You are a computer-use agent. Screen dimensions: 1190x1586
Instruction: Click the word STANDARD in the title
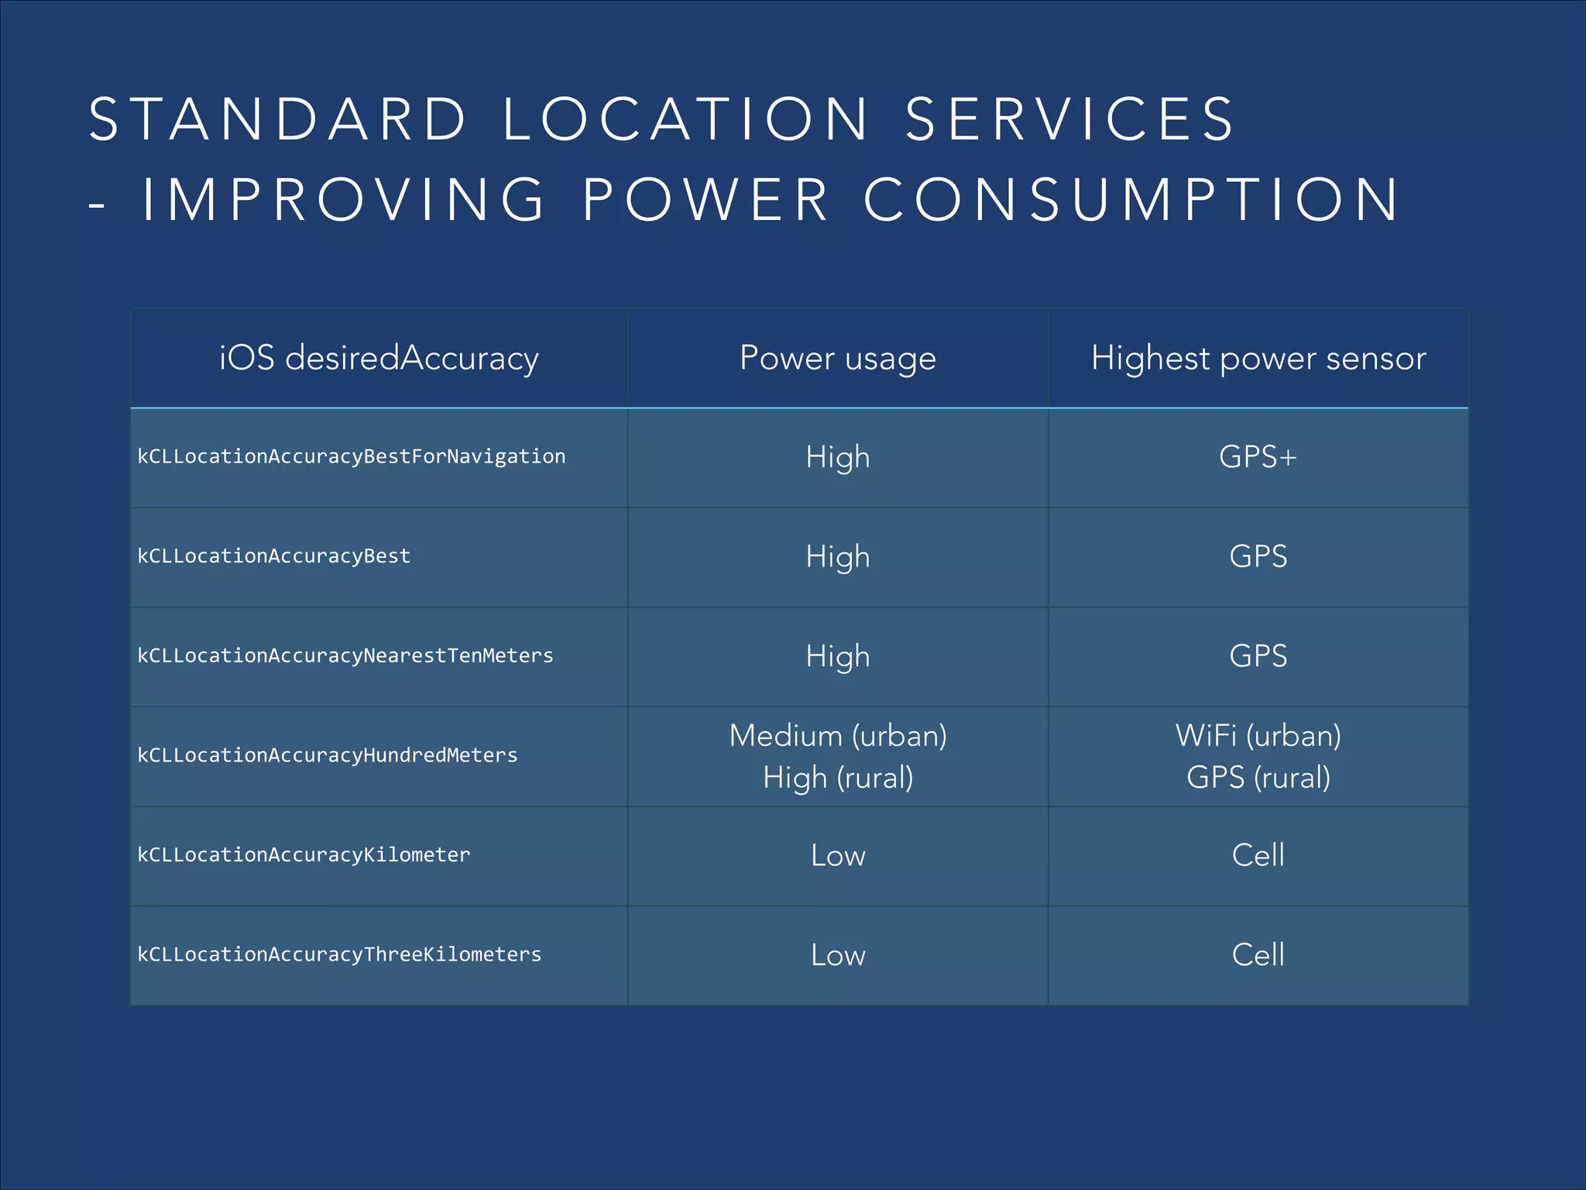coord(277,119)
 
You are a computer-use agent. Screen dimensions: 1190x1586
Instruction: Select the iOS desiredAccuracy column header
coord(379,358)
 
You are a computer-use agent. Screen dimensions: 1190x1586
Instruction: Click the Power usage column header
coord(838,358)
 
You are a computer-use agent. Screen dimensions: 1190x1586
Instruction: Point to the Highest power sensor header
coord(1258,358)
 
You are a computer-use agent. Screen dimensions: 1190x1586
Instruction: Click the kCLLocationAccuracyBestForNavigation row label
coord(352,456)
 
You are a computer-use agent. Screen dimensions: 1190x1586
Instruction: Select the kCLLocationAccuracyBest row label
coord(274,556)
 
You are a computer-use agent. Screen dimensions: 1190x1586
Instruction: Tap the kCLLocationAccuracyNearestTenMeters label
coord(345,655)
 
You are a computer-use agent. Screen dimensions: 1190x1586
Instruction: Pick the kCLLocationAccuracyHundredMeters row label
coord(328,755)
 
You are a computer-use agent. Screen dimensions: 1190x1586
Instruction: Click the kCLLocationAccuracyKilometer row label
coord(304,855)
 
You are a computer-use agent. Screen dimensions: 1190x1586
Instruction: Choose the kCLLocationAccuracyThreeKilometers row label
coord(339,954)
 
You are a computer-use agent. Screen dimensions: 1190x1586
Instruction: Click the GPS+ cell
coord(1258,456)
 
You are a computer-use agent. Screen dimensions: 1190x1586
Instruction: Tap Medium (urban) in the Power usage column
coord(838,735)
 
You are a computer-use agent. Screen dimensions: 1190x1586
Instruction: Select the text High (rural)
coord(838,777)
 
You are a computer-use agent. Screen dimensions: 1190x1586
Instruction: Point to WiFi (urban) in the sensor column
coord(1258,735)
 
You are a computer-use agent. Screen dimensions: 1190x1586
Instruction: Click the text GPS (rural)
coord(1258,777)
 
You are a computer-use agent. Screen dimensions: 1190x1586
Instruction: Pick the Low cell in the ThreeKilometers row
coord(838,954)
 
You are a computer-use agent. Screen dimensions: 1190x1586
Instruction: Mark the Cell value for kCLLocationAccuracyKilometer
coord(1258,855)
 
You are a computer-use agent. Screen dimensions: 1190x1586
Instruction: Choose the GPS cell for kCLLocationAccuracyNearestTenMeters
coord(1258,656)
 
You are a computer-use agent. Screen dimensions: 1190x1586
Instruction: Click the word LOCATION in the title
coord(686,119)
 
